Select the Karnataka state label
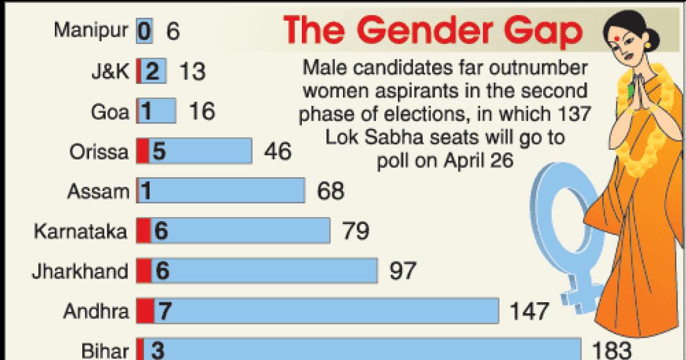81,231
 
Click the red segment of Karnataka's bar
143,231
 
